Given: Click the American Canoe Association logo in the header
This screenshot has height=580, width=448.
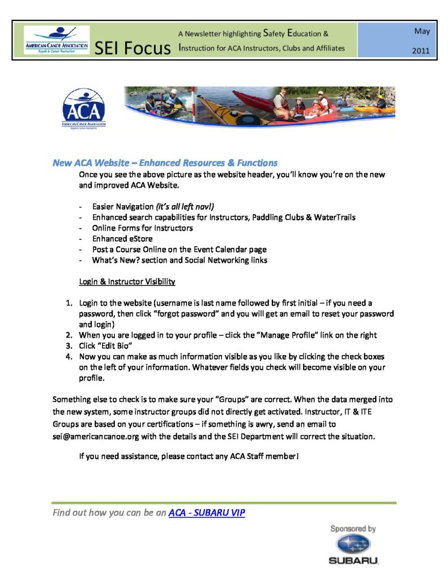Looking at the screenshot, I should click(x=57, y=40).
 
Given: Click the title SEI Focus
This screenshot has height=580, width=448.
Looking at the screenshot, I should click(x=133, y=49).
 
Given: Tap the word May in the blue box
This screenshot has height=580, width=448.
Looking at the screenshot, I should click(x=421, y=31).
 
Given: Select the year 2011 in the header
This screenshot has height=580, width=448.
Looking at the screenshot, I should click(x=421, y=50).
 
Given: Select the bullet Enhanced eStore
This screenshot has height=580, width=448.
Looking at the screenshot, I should click(x=122, y=238).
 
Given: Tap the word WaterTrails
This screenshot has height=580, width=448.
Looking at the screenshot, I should click(x=335, y=217).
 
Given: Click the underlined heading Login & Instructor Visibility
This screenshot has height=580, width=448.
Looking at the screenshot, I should click(x=127, y=282).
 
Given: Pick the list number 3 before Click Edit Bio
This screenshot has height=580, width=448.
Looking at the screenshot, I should click(x=68, y=346).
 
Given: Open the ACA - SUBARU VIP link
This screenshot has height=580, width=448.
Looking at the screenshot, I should click(x=207, y=513).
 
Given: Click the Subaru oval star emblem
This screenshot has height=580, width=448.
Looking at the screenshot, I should click(x=353, y=545).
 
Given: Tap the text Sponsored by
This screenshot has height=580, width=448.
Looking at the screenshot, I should click(x=353, y=528).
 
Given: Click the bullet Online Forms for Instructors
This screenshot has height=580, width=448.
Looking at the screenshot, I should click(x=142, y=228).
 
